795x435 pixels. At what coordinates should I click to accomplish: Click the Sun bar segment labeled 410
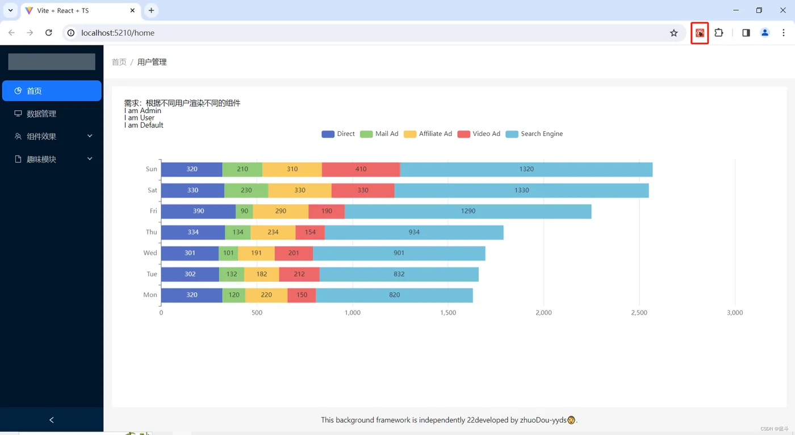tap(361, 169)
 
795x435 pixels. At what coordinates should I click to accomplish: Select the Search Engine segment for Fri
tap(468, 211)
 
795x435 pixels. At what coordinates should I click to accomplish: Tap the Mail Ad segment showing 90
tap(244, 211)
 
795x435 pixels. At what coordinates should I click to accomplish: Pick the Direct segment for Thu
tap(193, 232)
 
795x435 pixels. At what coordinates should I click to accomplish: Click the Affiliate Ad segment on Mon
tap(266, 295)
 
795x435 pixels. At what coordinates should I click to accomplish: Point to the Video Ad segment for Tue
tap(299, 274)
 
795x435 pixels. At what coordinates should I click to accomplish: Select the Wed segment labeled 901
tap(399, 253)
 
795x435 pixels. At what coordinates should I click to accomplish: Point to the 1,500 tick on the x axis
tap(448, 313)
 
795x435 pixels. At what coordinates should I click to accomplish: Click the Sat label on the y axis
tap(152, 190)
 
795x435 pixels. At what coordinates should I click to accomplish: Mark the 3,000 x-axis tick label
tap(735, 313)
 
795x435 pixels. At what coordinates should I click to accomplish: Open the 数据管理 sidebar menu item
tap(41, 114)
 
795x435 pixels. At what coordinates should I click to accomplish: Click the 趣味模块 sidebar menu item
tap(41, 160)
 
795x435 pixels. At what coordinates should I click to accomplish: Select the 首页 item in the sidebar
tap(34, 91)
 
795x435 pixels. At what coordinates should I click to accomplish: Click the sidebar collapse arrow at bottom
tap(52, 420)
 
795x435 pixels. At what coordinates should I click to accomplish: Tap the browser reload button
tap(49, 33)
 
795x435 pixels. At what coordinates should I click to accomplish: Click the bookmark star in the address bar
tap(674, 33)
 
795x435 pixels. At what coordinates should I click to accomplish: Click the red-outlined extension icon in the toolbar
tap(700, 33)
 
